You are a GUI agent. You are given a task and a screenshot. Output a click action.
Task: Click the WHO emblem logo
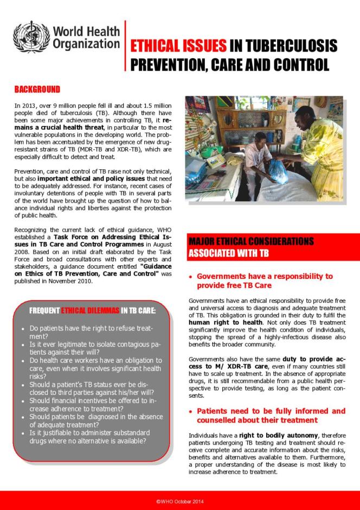[30, 37]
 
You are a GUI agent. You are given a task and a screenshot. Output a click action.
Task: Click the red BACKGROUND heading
[37, 89]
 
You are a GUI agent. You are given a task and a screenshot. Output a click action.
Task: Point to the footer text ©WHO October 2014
[180, 501]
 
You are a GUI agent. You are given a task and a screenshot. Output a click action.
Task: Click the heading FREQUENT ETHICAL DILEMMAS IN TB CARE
[92, 311]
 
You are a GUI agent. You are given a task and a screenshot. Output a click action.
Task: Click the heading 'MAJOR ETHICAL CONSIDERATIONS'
[250, 241]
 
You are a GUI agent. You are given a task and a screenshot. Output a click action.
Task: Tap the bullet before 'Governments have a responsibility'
[191, 277]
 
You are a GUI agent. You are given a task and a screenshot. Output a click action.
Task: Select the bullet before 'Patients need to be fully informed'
[191, 411]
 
